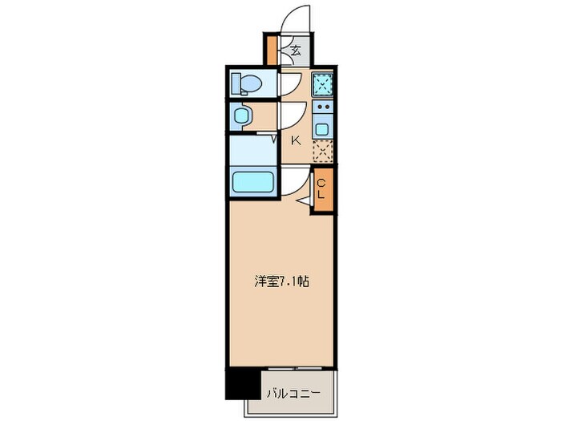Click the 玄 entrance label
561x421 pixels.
[x=295, y=51]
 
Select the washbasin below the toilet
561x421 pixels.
[x=243, y=117]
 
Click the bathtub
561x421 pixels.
[x=253, y=183]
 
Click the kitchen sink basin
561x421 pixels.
[x=322, y=128]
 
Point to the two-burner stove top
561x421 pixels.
[x=322, y=107]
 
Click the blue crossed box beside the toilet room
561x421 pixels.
[x=322, y=83]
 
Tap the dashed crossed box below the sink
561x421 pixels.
[x=322, y=151]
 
